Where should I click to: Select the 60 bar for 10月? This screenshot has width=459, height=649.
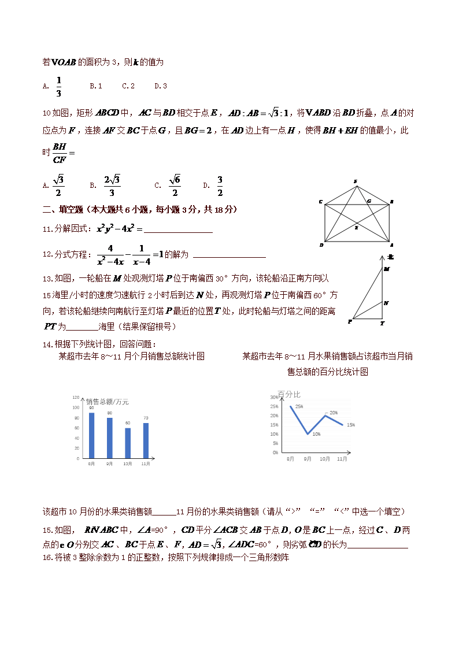pyautogui.click(x=128, y=443)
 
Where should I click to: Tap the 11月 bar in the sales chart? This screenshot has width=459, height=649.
pyautogui.click(x=146, y=440)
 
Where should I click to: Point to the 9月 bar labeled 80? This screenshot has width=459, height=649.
pyautogui.click(x=110, y=437)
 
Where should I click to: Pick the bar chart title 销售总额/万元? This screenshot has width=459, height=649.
pyautogui.click(x=108, y=402)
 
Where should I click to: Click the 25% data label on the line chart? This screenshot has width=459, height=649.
pyautogui.click(x=299, y=406)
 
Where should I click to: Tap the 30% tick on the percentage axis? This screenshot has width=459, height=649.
pyautogui.click(x=275, y=398)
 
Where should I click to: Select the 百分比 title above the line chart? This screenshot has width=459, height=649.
pyautogui.click(x=289, y=394)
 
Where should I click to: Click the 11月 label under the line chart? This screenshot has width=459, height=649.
pyautogui.click(x=342, y=459)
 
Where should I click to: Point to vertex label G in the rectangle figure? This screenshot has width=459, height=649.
pyautogui.click(x=369, y=201)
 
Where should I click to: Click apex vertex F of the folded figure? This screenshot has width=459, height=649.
pyautogui.click(x=356, y=181)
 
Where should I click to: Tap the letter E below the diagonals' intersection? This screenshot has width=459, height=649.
pyautogui.click(x=356, y=228)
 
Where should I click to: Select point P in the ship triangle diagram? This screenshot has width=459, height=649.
pyautogui.click(x=350, y=321)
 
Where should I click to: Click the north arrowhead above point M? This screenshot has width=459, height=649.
pyautogui.click(x=383, y=256)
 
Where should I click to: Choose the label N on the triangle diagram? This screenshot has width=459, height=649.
pyautogui.click(x=386, y=303)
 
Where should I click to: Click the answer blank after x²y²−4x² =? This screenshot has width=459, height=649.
pyautogui.click(x=178, y=229)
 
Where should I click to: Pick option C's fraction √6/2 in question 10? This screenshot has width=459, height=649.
pyautogui.click(x=175, y=185)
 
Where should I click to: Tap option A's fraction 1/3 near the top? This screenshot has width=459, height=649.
pyautogui.click(x=59, y=86)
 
